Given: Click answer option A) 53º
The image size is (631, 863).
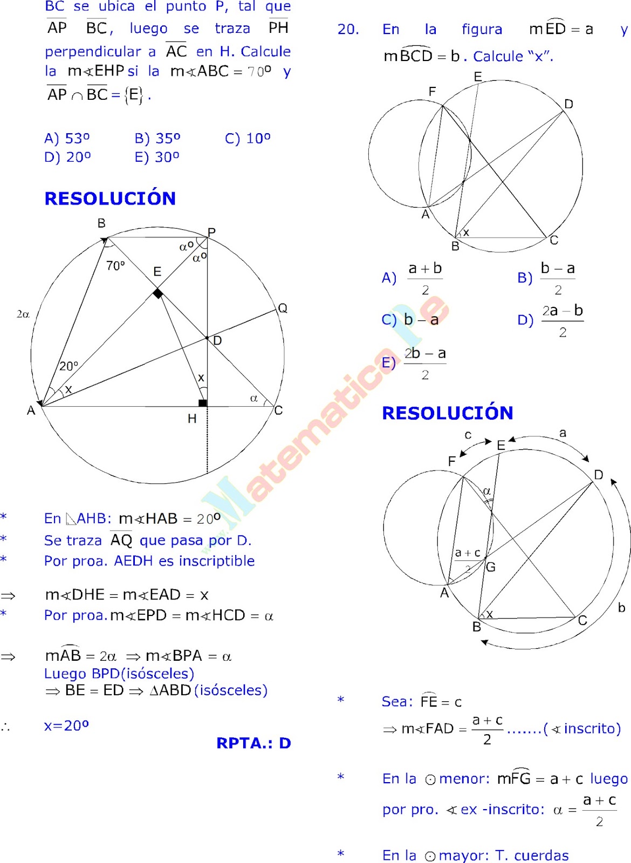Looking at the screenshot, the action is click(x=67, y=139).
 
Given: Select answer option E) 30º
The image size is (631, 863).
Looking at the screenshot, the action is click(x=157, y=157).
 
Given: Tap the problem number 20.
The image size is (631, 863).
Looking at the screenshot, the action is click(x=348, y=30).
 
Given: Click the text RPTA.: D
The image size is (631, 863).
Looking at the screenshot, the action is click(x=253, y=743).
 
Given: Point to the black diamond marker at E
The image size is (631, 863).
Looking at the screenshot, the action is click(x=157, y=293).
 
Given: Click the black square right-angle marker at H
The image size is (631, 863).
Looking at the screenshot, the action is click(x=202, y=403).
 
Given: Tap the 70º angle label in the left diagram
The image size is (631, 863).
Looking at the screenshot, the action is click(x=115, y=265).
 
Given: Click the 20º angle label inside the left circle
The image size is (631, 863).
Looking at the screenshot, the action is click(x=68, y=366).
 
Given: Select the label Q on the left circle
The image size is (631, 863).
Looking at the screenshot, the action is click(x=283, y=308).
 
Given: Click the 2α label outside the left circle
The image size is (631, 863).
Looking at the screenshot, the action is click(x=23, y=314).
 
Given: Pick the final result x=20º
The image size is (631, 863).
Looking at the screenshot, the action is click(x=66, y=726).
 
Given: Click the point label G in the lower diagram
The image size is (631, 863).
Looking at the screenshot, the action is click(x=491, y=567).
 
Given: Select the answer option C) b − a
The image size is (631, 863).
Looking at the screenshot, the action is click(x=410, y=320).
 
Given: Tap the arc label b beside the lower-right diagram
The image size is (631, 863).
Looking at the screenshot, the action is click(x=621, y=608).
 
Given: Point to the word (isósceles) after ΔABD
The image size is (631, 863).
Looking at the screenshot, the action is click(x=231, y=690).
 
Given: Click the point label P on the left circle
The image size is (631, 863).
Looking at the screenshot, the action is click(x=211, y=232).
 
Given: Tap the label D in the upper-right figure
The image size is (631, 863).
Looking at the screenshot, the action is click(x=568, y=104).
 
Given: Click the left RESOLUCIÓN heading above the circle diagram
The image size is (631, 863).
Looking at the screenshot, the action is click(x=110, y=198).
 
